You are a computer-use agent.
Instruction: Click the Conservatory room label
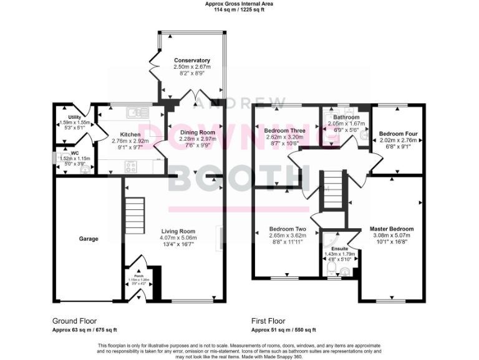point(192,60)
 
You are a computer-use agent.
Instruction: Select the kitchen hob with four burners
point(132,166)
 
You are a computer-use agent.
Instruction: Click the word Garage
point(89,239)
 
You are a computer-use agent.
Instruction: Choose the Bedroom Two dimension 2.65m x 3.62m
point(288,236)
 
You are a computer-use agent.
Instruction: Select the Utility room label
point(75,117)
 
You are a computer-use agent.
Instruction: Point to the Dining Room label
point(197,132)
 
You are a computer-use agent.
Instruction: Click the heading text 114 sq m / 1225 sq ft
point(239,10)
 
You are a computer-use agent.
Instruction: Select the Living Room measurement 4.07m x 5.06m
point(179,237)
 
